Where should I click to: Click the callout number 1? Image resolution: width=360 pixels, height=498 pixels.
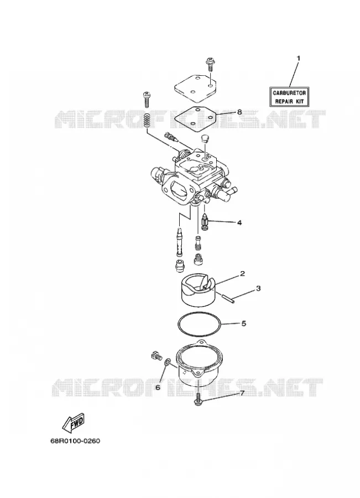[298, 58]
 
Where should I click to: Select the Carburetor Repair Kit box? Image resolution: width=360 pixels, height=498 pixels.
[290, 97]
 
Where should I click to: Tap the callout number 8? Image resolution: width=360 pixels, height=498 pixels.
[239, 112]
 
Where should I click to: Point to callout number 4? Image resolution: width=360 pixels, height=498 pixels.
[239, 222]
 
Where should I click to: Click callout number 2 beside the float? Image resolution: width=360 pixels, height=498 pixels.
[242, 273]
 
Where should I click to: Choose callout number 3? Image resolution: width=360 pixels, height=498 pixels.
[258, 288]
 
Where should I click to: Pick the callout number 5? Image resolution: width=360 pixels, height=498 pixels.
[244, 324]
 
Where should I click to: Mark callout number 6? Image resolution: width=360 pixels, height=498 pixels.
[158, 387]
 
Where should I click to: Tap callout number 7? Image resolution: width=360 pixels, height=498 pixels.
[242, 393]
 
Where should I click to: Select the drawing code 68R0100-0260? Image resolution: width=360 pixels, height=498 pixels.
[75, 441]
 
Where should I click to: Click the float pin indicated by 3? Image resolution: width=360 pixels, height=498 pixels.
[228, 299]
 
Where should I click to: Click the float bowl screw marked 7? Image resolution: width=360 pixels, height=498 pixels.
[198, 399]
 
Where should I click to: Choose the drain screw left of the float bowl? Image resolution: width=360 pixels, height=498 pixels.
[156, 356]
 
